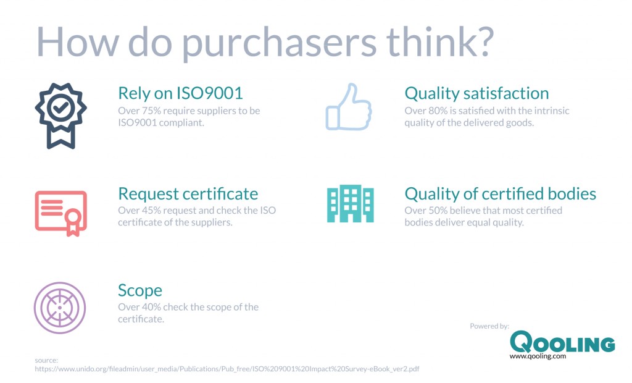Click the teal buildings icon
click(x=349, y=204)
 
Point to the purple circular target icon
click(x=60, y=307)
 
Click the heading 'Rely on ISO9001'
click(x=180, y=93)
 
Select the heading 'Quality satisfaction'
click(x=476, y=93)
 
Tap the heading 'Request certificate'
click(x=188, y=193)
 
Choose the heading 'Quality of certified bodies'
click(x=500, y=193)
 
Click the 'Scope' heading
click(x=140, y=290)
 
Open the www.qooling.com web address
click(x=537, y=356)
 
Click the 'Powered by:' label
click(x=489, y=326)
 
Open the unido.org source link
click(x=228, y=369)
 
